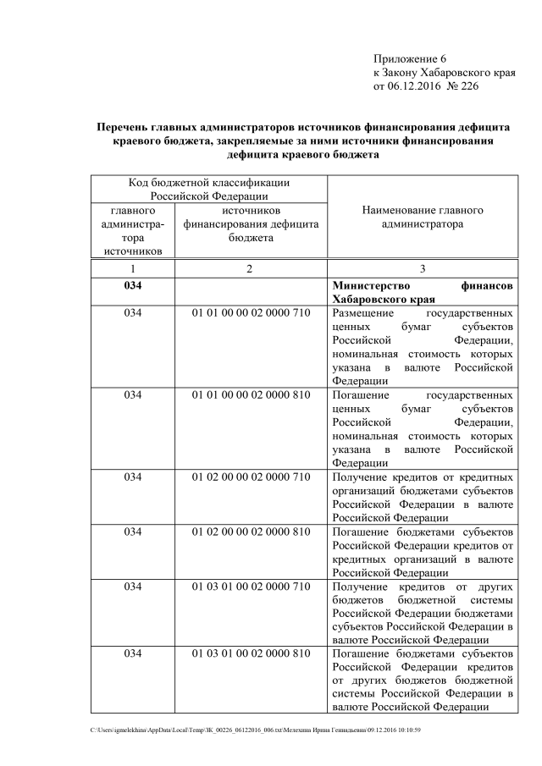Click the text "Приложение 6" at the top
[x=409, y=58]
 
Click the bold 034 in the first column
[x=133, y=285]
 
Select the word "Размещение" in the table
[x=362, y=312]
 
